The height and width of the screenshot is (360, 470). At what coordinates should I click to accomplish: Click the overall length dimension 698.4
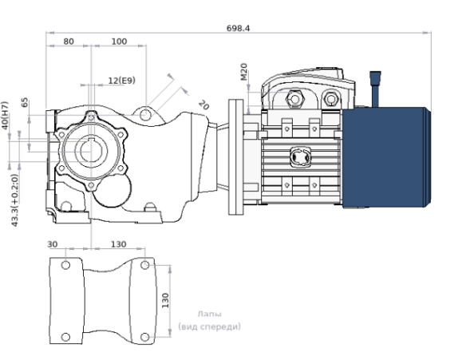click(238, 28)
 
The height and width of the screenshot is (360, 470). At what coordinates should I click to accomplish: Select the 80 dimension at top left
click(69, 41)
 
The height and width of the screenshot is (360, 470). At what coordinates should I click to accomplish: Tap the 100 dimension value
click(119, 41)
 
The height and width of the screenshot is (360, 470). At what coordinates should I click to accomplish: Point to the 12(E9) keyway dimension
click(121, 80)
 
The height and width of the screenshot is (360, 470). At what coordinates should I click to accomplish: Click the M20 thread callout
click(243, 73)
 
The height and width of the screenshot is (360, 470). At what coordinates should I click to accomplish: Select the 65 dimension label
click(25, 102)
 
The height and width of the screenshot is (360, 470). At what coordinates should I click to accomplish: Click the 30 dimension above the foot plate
click(53, 244)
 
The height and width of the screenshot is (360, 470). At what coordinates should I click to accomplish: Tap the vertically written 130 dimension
click(165, 301)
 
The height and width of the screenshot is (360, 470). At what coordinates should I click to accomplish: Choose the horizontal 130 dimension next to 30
click(117, 244)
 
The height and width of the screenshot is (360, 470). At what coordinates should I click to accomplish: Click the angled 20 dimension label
click(203, 105)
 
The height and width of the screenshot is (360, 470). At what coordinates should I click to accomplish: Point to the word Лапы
click(210, 315)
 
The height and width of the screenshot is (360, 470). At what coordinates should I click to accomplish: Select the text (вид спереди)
click(209, 326)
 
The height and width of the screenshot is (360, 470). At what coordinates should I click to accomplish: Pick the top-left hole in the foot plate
click(65, 264)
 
